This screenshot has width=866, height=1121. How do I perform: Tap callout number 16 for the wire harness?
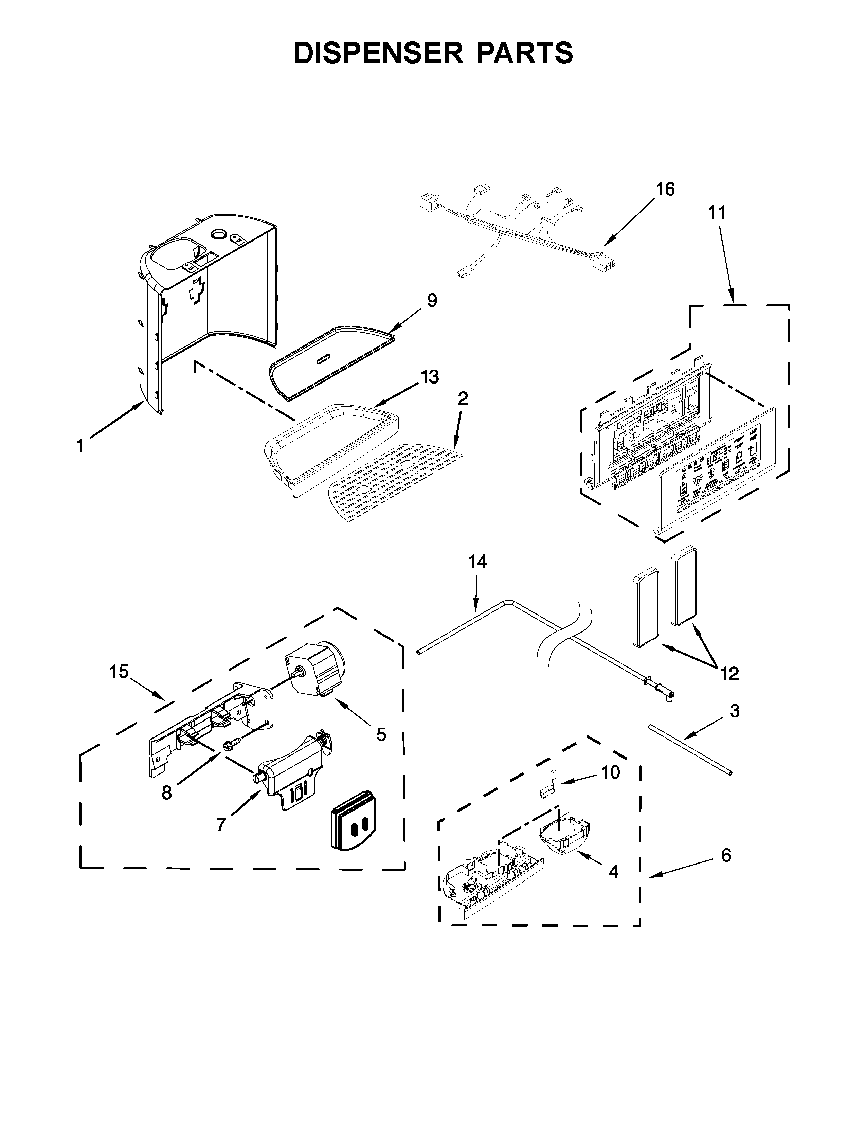[665, 190]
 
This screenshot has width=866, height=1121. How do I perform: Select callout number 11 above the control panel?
[717, 213]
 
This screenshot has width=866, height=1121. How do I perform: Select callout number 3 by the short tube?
[735, 711]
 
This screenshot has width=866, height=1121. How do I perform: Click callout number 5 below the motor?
[381, 734]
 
